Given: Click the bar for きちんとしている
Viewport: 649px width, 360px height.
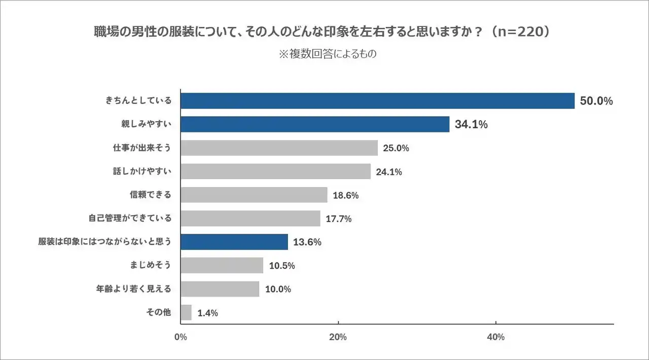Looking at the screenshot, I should coord(377,101).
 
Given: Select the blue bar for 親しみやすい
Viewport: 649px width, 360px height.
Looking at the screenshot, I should coord(315,124).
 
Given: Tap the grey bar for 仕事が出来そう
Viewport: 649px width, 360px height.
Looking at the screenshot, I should coord(279,148).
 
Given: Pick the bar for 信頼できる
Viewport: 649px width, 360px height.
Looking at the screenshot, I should coord(254,195).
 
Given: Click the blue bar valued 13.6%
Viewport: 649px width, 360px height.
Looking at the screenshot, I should coord(234,242).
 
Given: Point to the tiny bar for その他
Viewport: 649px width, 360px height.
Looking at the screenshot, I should coord(186,312).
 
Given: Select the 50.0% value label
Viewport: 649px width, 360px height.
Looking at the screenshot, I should coord(596,101).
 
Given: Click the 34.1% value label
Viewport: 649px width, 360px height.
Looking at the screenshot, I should coord(471,124).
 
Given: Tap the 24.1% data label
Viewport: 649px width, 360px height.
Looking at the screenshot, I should coord(389,172).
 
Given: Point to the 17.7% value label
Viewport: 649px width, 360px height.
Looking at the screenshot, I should coord(339,219).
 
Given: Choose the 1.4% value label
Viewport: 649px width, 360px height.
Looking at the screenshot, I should coord(208,313).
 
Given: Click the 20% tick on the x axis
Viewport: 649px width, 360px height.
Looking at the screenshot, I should coord(338,337).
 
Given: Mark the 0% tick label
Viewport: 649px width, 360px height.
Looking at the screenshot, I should coord(181,337).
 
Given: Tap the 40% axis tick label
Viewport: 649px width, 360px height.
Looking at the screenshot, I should coord(496,337).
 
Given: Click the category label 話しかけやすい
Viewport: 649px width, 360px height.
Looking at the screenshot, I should coord(142,171).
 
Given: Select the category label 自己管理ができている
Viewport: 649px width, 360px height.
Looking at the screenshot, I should coord(130,219).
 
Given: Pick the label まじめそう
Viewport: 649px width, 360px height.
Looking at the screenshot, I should coord(151,265).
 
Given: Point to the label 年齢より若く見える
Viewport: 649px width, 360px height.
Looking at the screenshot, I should coord(134,289).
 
